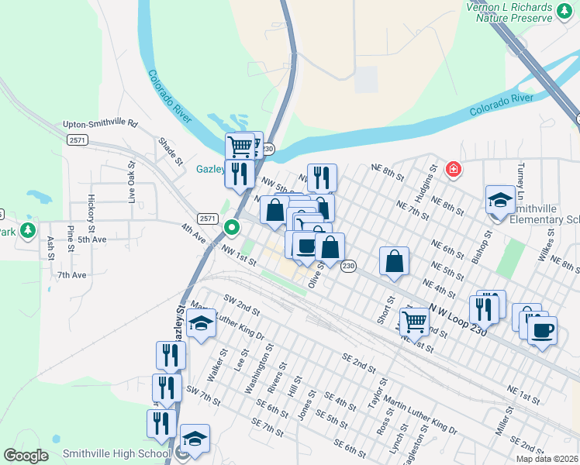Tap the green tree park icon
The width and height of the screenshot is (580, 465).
[x=29, y=230]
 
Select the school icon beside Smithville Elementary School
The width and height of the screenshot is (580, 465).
[x=500, y=200]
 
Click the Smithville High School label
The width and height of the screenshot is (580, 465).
[x=116, y=453]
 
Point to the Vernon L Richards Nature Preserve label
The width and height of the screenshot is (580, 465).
[x=520, y=13]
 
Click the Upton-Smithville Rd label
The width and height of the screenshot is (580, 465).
[x=100, y=123]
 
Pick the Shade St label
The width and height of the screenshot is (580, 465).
[x=170, y=151]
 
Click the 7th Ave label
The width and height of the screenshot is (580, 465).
[x=71, y=275]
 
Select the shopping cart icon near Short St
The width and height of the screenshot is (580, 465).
[x=414, y=322]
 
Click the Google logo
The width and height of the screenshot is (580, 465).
[x=26, y=456]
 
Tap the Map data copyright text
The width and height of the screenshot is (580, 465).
[x=547, y=459]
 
